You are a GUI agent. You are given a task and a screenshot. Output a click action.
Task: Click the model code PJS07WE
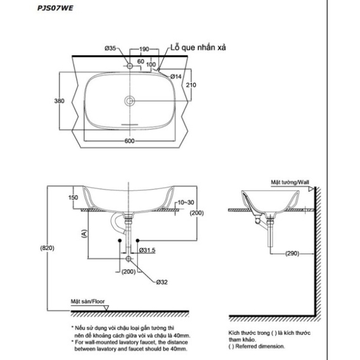pos(55,8)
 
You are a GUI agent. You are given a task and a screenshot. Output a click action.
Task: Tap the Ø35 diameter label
pos(110,48)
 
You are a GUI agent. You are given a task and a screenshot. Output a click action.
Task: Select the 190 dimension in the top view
pos(144,49)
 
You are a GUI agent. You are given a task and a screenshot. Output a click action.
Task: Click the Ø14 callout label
pos(176,77)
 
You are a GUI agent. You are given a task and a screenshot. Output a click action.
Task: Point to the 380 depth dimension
pos(59,101)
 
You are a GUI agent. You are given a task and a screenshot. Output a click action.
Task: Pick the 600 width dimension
pos(129,140)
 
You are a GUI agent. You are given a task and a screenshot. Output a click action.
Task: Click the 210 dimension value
pos(191,85)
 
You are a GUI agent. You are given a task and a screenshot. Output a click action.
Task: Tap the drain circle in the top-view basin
pos(130,101)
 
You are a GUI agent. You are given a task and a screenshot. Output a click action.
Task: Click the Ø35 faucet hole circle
pos(130,66)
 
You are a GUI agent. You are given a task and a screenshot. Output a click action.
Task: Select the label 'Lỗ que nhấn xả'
pos(198,47)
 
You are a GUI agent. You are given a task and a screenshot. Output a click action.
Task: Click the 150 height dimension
pos(73,197)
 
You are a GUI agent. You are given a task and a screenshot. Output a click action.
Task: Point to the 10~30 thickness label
pos(186,202)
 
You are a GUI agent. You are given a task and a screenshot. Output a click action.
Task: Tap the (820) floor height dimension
pos(47,248)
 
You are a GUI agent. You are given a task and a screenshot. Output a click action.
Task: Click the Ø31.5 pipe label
pos(147,250)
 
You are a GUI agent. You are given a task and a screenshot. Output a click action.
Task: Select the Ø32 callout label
pos(162,282)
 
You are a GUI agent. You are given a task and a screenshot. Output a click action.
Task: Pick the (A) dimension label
pos(85,234)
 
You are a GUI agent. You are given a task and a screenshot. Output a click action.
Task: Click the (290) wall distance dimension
pos(293,253)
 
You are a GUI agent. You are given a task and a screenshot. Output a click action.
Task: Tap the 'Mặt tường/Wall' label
pos(290,182)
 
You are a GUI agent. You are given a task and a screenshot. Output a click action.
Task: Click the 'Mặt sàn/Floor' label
pos(88,302)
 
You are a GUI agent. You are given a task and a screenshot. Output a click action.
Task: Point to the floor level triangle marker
pos(106,308)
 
